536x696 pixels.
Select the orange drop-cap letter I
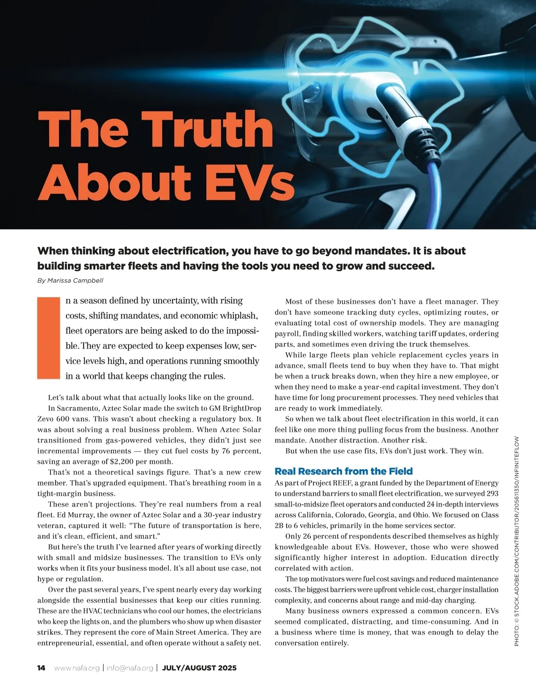48,338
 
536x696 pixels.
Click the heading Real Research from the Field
343,471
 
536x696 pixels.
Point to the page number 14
41,668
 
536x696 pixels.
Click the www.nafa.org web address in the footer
77,668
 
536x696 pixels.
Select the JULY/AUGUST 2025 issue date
199,668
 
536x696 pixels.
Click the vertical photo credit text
517,541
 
